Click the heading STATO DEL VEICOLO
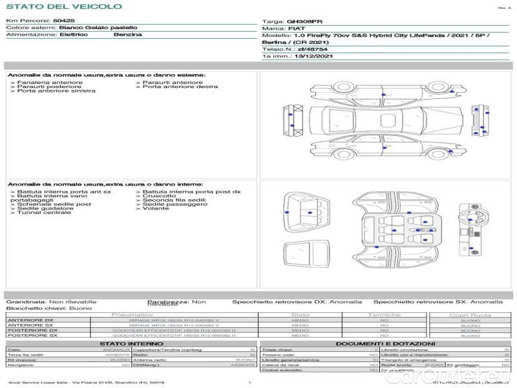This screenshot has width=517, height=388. click(63, 6)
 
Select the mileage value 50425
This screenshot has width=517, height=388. click(63, 21)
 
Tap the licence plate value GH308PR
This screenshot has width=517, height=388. click(300, 21)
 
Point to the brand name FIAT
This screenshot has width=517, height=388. click(292, 29)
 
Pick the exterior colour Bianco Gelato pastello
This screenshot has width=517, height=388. click(98, 28)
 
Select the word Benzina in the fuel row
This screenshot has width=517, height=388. click(127, 35)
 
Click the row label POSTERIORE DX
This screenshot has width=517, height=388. click(33, 330)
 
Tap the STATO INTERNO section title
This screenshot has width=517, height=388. click(131, 343)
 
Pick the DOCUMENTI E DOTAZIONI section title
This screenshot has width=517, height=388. click(385, 343)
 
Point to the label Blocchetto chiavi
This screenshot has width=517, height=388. click(29, 308)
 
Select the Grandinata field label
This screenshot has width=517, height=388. click(26, 301)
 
